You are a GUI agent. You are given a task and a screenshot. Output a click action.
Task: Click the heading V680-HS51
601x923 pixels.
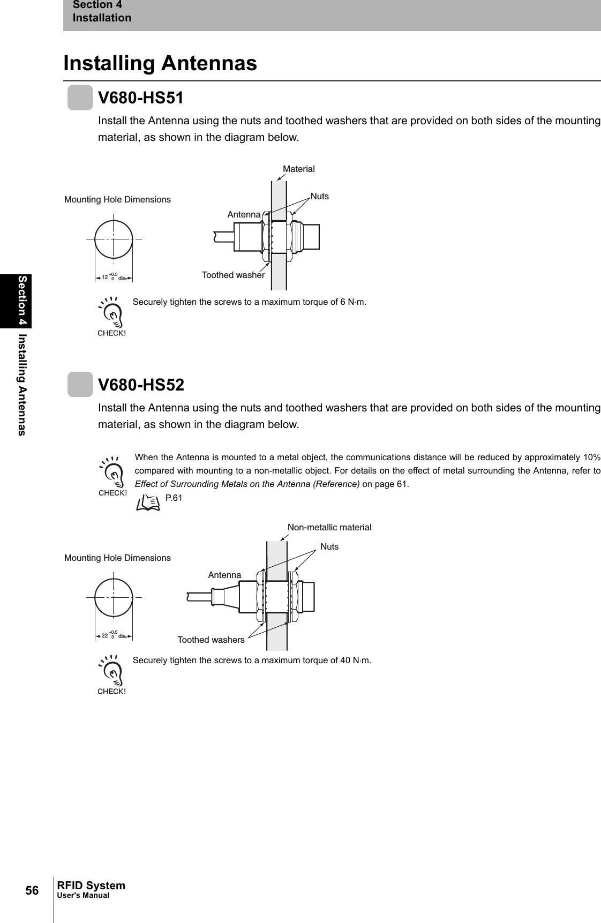[141, 99]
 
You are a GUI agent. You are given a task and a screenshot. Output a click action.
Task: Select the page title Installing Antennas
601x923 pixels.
[160, 63]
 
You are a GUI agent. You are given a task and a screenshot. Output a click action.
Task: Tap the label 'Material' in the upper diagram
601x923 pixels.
[298, 169]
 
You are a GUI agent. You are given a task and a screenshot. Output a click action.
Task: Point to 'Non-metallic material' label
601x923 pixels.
[329, 527]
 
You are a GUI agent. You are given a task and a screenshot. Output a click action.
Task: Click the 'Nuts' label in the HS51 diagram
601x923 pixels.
[320, 196]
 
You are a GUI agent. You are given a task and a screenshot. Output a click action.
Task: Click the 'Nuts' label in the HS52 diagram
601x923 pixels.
[329, 546]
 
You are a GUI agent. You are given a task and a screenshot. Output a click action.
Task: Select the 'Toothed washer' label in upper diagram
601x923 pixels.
[233, 275]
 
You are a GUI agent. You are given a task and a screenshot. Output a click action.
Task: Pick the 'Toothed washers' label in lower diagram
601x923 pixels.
[211, 640]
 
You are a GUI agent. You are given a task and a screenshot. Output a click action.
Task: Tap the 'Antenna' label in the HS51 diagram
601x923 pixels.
[244, 215]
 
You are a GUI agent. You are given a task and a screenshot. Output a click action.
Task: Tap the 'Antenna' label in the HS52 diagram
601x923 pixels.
[224, 575]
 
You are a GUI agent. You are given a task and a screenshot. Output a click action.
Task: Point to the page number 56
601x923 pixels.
[33, 890]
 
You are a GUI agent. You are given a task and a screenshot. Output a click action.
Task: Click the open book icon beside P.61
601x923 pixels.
[148, 502]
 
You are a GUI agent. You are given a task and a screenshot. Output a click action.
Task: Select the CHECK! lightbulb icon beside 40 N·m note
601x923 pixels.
[111, 675]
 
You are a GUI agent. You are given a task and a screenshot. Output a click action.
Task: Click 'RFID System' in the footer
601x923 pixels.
[91, 886]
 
